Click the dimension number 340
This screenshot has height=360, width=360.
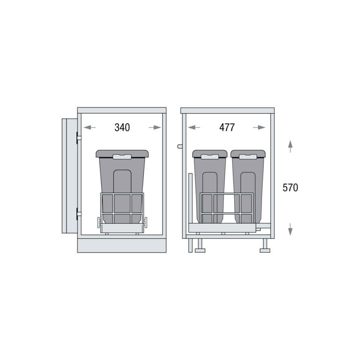pos(122,127)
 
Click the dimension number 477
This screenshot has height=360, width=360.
pos(227,127)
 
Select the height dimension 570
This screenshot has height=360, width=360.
pos(290,187)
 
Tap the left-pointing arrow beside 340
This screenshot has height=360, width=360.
pos(90,127)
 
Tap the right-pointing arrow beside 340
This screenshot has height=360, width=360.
pos(155,127)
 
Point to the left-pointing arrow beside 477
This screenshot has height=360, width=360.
pos(194,127)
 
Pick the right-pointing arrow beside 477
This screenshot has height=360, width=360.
pos(259,127)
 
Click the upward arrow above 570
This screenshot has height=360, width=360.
pos(290,147)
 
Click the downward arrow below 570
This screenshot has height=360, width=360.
pos(290,229)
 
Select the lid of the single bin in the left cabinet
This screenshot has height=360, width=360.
pos(122,154)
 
